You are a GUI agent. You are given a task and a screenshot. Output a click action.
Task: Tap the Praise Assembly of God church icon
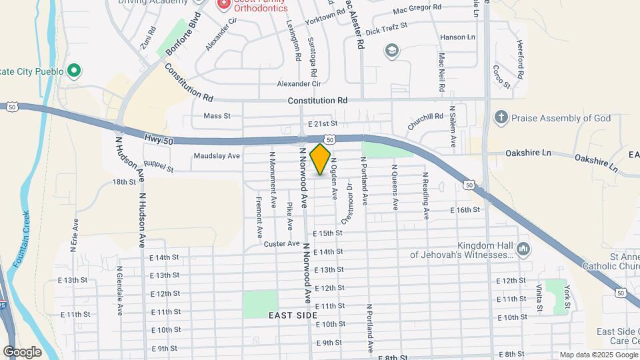(x=501, y=118)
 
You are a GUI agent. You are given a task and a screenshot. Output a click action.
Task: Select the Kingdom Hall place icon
(x=523, y=249)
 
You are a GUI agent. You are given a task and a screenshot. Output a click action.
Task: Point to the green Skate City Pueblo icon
(x=75, y=71)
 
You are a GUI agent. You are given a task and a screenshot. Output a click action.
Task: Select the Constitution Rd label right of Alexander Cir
(x=318, y=100)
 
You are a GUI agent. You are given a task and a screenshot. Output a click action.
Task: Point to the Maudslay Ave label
(x=217, y=156)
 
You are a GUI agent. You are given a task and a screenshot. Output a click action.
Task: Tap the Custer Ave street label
(x=282, y=244)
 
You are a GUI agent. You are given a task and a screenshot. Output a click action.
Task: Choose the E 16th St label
(x=465, y=210)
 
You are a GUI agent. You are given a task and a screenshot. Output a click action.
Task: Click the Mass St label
(x=217, y=115)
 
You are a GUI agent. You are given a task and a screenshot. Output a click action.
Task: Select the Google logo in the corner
(x=22, y=351)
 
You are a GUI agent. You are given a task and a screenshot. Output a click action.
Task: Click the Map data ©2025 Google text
(x=597, y=355)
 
